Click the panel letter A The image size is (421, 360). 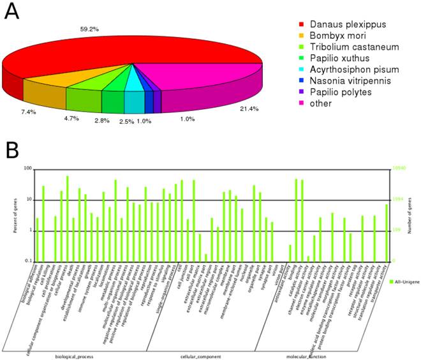[11, 13]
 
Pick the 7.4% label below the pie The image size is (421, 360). [29, 112]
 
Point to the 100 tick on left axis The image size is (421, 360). [28, 169]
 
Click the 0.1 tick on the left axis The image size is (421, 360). [29, 261]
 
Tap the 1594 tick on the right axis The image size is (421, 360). [396, 200]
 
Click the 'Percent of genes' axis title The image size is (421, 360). [13, 214]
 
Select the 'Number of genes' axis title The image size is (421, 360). [411, 214]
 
